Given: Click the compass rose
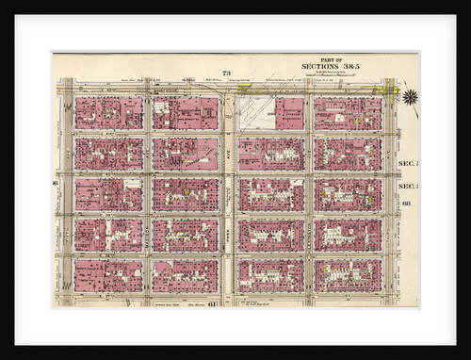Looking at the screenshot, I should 410,96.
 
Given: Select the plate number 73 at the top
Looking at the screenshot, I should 226,74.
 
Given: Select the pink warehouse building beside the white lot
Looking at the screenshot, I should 290,112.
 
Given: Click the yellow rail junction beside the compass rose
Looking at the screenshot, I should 383,91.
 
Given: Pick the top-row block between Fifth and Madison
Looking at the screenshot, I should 108,112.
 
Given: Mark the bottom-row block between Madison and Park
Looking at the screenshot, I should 186,275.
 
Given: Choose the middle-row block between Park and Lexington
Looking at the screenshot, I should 271,194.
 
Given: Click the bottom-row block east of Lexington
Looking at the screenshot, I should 348,275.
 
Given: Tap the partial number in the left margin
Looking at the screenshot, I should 57,182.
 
